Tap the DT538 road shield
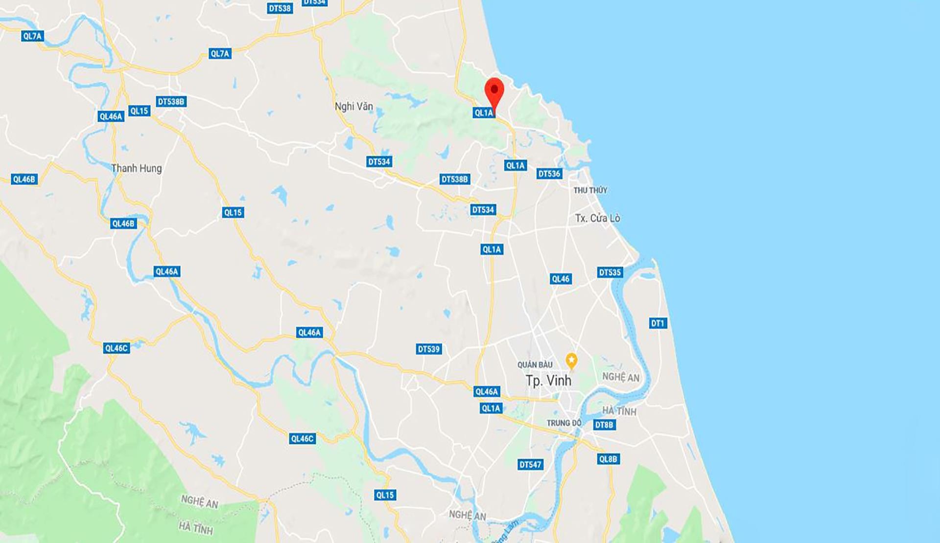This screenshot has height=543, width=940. [280, 8]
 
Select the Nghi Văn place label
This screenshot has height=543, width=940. [353, 106]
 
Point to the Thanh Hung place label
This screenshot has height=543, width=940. [136, 168]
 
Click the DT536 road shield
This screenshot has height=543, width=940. [549, 174]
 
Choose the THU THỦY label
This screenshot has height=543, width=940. [590, 190]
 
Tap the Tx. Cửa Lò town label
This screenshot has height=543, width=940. [597, 218]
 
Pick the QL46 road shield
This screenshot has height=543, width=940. [561, 279]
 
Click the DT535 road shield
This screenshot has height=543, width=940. [610, 272]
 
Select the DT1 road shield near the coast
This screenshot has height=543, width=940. [658, 323]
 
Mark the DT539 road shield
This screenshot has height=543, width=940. [429, 349]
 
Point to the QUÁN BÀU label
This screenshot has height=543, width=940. [535, 365]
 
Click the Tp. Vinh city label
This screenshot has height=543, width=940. [548, 381]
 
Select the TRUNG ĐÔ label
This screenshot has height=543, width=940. [564, 423]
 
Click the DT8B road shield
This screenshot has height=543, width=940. [604, 425]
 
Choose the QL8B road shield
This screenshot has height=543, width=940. [608, 459]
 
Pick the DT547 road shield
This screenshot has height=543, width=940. [530, 465]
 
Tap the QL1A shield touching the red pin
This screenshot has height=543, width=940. [483, 113]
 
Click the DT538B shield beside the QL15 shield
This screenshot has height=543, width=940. [171, 102]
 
